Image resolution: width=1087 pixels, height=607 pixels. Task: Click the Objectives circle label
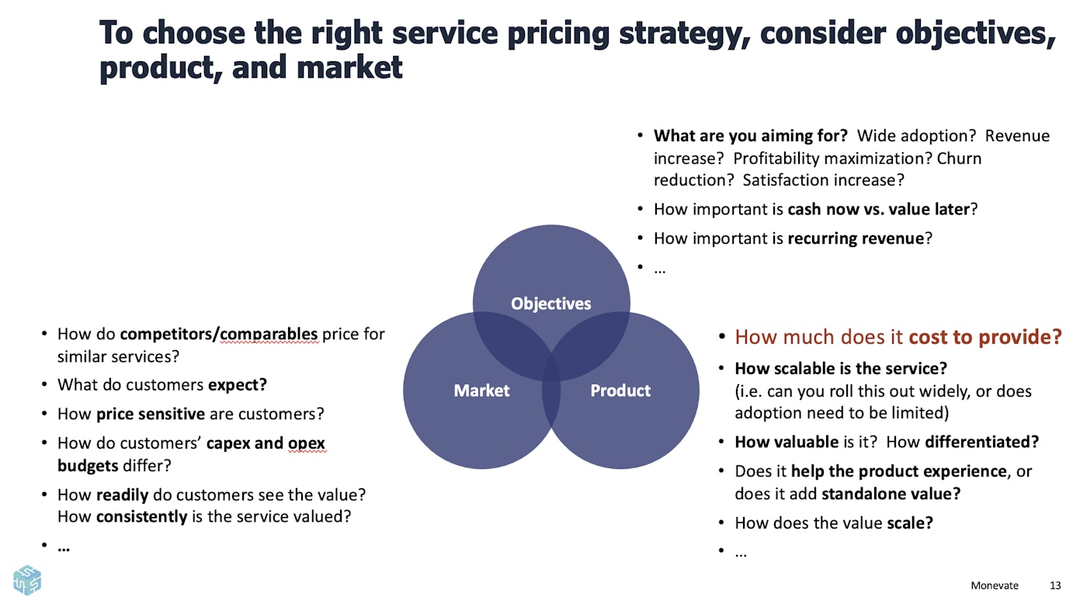point(550,303)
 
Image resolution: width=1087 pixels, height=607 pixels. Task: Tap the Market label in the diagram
point(481,390)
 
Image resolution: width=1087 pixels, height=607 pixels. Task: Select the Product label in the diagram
point(620,390)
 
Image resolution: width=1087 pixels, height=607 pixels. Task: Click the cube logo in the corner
point(27,580)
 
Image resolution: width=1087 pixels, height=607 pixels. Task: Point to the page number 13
point(1054,585)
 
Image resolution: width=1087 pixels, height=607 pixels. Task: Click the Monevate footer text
point(994,585)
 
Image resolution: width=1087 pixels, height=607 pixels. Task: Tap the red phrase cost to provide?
point(985,337)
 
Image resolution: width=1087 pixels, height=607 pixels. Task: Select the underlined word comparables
point(269,335)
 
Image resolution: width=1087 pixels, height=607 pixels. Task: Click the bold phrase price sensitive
point(151,414)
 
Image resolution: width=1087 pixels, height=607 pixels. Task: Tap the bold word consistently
point(142,516)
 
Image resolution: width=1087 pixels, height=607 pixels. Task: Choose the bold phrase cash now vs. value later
point(878,209)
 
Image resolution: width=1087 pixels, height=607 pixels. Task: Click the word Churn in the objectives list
point(960,158)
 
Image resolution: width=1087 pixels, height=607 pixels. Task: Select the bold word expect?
point(237,385)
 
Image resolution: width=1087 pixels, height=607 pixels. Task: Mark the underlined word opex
point(307,444)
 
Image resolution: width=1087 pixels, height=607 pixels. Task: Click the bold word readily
point(121,494)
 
